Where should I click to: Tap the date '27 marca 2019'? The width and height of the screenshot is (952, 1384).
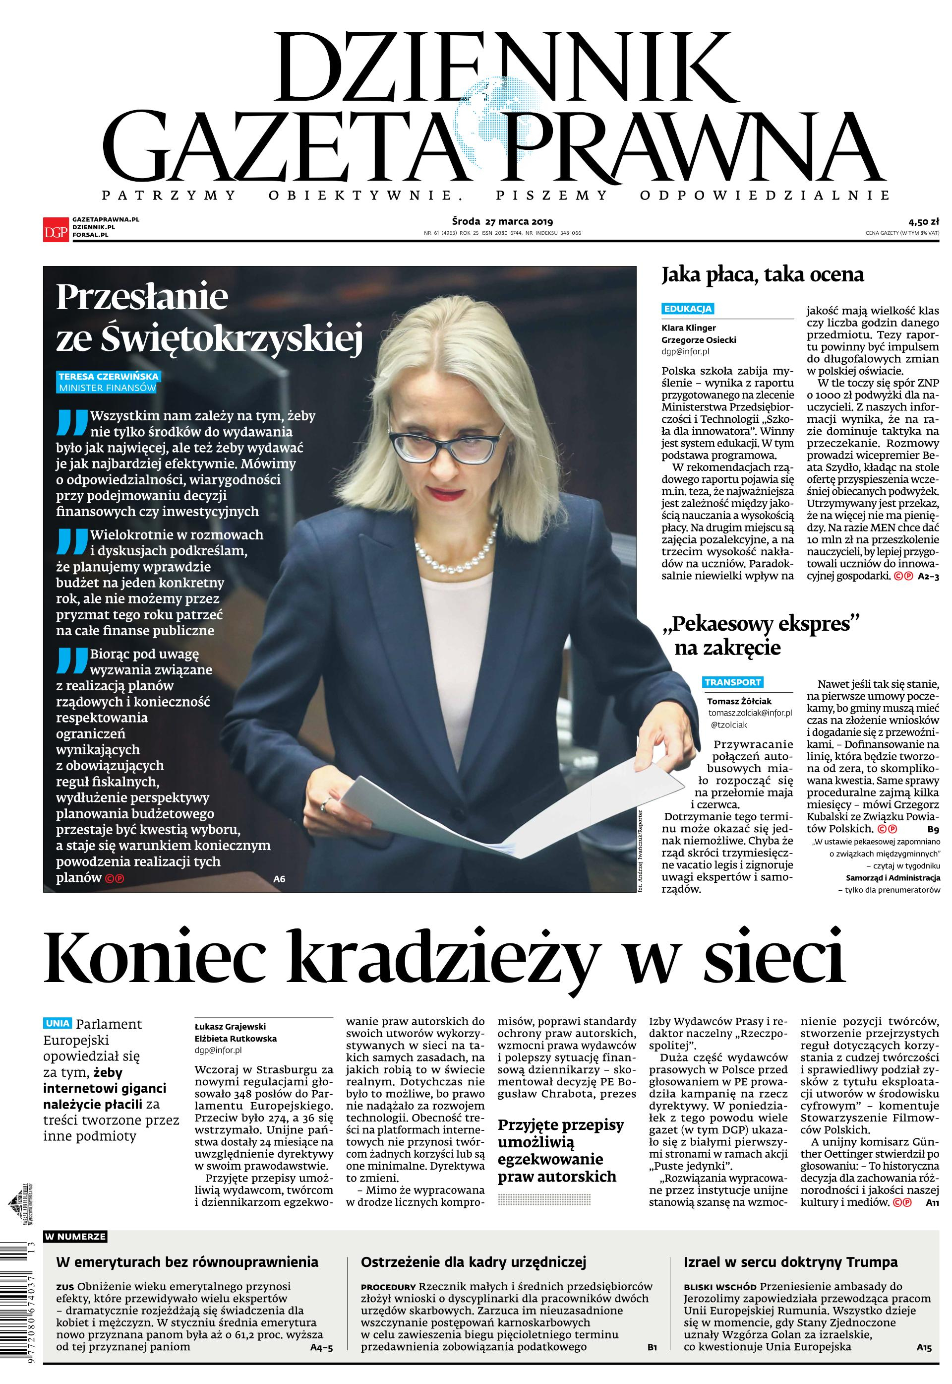click(x=519, y=222)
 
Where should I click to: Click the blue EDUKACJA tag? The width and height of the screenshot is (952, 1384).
click(x=688, y=309)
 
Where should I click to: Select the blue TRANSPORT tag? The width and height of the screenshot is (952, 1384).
click(x=733, y=682)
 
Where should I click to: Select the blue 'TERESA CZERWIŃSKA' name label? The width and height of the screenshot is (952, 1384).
click(x=109, y=377)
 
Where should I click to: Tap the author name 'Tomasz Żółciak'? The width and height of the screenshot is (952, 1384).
click(x=740, y=701)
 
